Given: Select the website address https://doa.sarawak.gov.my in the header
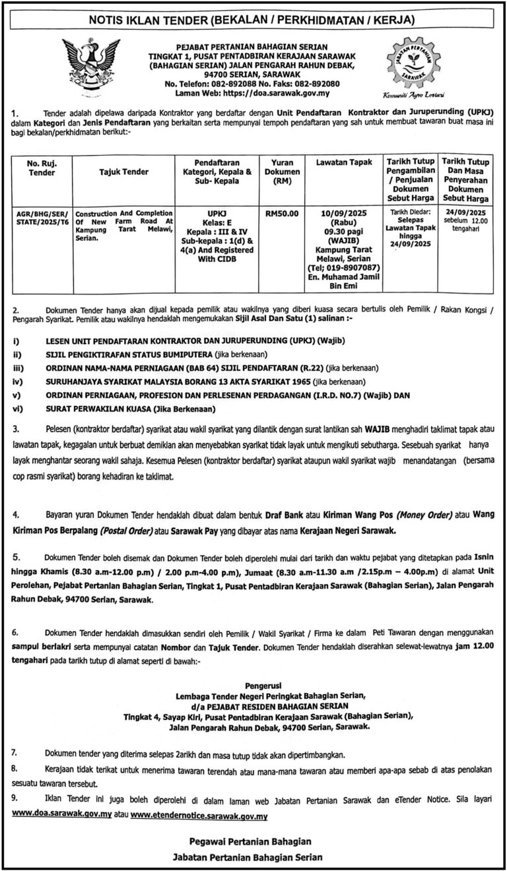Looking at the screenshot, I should [273, 94].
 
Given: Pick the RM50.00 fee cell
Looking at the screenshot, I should [282, 213].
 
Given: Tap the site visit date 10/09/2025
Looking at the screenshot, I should [343, 213].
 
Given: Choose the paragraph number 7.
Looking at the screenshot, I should [16, 752].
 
